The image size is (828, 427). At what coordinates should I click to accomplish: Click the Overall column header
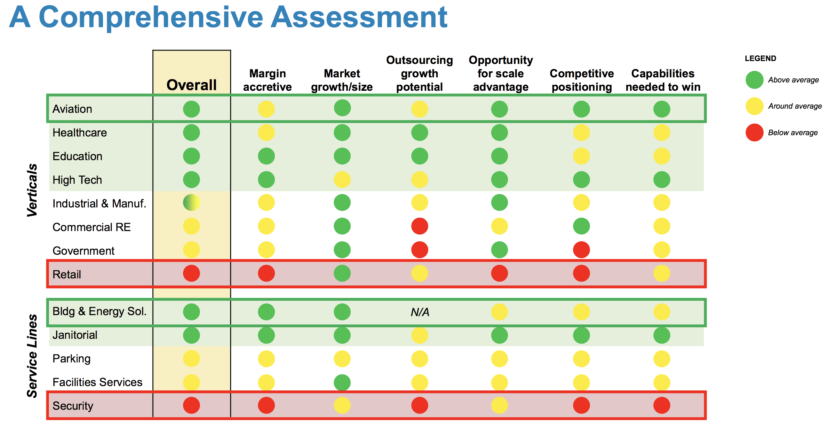click(x=191, y=85)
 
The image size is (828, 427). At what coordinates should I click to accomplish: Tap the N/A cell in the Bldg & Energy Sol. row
click(x=420, y=312)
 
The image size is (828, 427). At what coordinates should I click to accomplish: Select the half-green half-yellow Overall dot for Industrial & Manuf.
click(x=191, y=203)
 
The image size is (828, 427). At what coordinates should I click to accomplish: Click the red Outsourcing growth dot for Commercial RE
click(x=419, y=226)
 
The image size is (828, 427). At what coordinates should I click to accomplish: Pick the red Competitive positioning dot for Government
click(x=581, y=250)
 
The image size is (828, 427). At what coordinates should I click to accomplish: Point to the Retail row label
click(x=67, y=275)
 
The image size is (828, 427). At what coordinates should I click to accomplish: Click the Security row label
click(x=73, y=406)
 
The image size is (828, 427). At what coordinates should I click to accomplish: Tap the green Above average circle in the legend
click(x=754, y=80)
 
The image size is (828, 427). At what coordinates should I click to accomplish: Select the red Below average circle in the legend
click(x=754, y=133)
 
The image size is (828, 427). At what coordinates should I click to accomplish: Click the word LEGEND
click(x=760, y=58)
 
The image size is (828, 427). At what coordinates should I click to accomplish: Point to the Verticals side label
click(x=32, y=190)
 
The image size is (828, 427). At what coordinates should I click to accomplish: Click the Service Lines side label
click(x=32, y=356)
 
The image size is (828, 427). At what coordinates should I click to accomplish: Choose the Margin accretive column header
click(x=267, y=80)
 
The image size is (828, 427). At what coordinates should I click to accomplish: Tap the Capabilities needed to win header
click(x=663, y=80)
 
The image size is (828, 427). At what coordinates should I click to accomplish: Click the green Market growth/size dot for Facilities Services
click(x=342, y=382)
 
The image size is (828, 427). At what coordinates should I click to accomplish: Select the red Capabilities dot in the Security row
click(x=662, y=405)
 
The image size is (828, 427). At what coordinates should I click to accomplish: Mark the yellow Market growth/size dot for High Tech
click(x=342, y=180)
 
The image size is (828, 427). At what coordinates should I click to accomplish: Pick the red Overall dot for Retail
click(x=191, y=274)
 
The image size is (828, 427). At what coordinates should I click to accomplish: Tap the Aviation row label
click(x=72, y=109)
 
